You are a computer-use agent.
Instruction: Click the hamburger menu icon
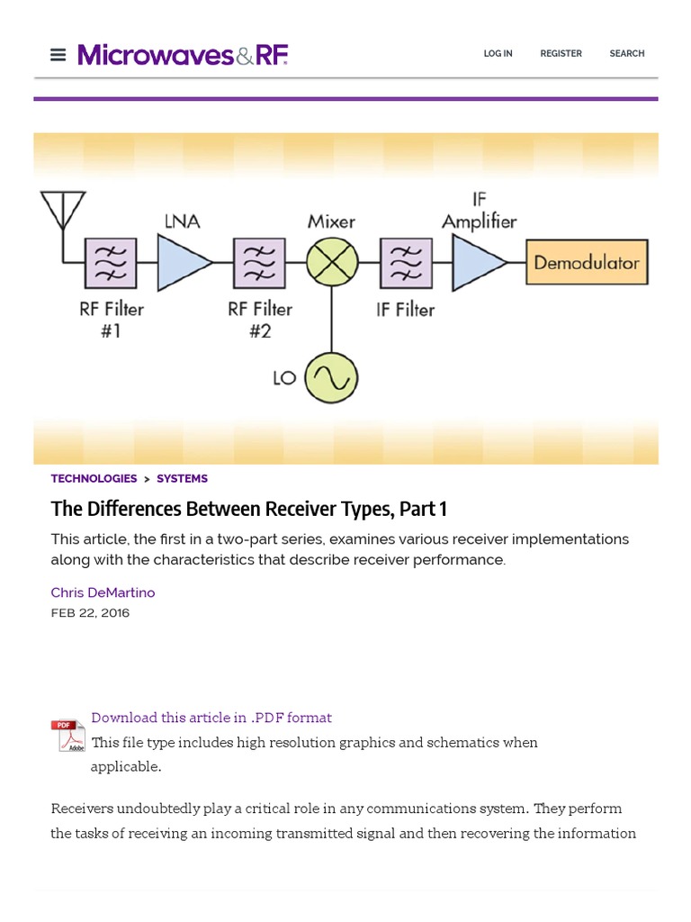coord(58,55)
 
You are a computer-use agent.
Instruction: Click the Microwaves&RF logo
coord(183,55)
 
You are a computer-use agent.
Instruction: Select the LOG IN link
coord(498,54)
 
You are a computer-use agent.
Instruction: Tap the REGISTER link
coord(561,54)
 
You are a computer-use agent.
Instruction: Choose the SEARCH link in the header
coord(626,54)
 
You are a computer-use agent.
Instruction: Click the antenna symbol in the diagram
coord(63,212)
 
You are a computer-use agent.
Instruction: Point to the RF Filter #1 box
coord(111,263)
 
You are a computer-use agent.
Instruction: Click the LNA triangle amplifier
coord(183,263)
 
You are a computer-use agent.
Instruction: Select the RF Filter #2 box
coord(259,263)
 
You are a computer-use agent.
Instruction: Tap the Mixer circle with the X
coord(332,263)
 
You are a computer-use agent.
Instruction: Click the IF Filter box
coord(406,263)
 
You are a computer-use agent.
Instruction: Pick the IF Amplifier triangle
coord(477,263)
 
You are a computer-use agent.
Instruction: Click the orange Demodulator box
coord(587,263)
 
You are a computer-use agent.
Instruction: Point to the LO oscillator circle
coord(331,378)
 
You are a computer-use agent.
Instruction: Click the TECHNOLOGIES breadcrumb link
coord(94,479)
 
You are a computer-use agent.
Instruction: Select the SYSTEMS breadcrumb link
coord(182,479)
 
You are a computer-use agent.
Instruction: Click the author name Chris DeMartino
coord(103,592)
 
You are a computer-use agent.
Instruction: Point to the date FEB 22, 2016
coord(90,613)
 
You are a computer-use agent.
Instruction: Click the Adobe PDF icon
coord(67,736)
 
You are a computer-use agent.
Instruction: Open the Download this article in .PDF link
coord(211,718)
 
